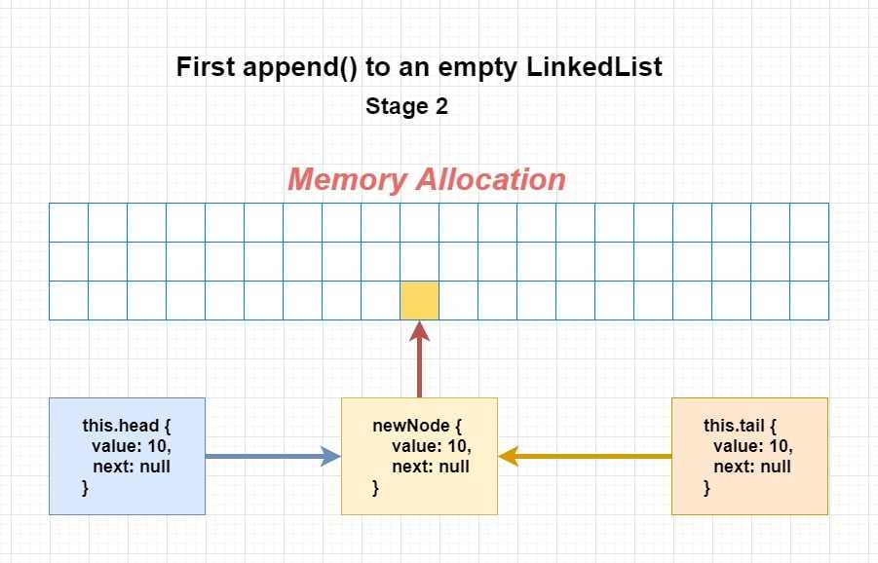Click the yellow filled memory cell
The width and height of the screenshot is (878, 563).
419,301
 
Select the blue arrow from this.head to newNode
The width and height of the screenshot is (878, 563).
273,456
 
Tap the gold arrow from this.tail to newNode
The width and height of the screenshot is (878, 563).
585,456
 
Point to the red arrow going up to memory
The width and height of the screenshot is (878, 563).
419,358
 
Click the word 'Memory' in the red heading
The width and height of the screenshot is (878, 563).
347,180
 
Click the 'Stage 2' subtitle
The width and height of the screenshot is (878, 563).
407,106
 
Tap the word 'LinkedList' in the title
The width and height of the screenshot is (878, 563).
594,66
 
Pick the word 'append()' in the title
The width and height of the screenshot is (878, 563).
299,68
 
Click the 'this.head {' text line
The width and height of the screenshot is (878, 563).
127,426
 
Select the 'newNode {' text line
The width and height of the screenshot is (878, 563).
417,426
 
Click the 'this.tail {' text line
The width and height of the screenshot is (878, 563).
740,426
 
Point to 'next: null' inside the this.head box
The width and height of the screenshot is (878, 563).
132,467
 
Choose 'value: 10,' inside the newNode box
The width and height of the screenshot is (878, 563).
432,446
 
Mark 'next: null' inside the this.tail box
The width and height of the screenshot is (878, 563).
752,467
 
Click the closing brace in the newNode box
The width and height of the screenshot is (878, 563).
376,488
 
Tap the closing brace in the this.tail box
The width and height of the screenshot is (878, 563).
706,488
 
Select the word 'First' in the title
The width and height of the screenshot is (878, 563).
206,66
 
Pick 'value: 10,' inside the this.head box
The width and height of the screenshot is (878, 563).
132,446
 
